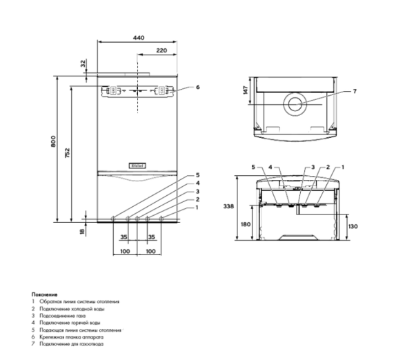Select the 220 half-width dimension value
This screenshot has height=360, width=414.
(x=163, y=52)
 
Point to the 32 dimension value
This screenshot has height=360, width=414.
(x=83, y=63)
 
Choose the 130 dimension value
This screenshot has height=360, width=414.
(x=354, y=226)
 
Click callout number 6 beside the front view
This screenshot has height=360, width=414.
(x=197, y=88)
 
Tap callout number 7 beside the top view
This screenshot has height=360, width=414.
(x=354, y=91)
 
